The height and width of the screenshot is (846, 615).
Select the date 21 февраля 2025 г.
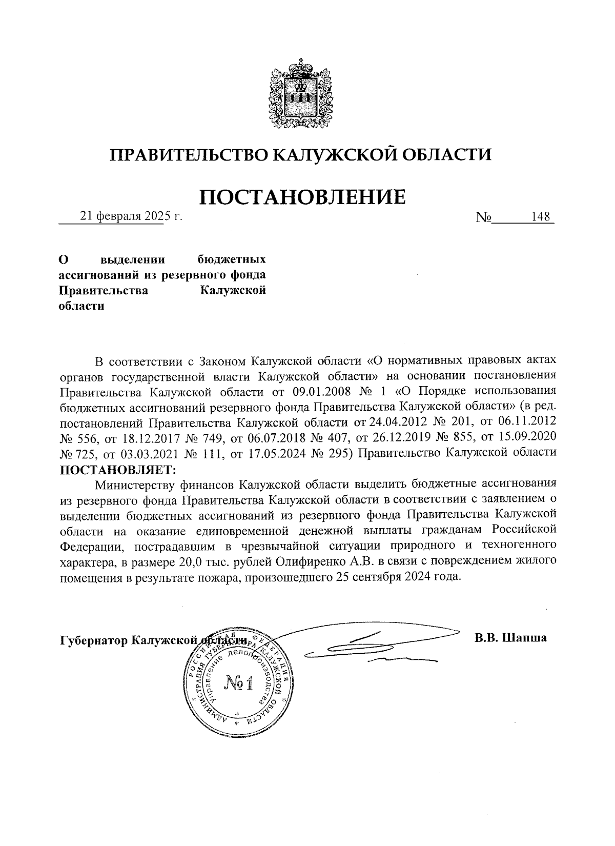[x=131, y=217]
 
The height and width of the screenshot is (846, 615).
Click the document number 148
[x=541, y=217]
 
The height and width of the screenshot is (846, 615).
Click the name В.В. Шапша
[x=510, y=638]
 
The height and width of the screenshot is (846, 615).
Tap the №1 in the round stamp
[x=239, y=683]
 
